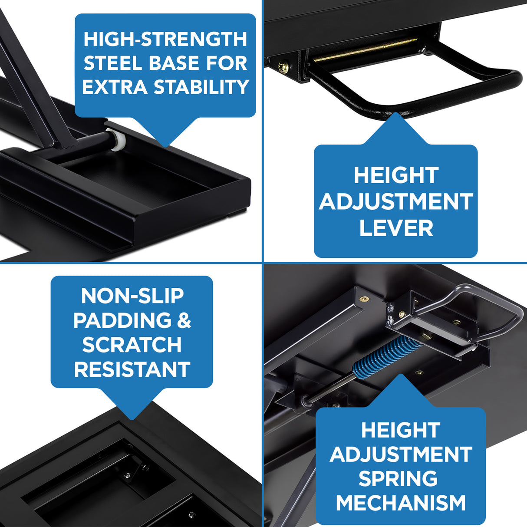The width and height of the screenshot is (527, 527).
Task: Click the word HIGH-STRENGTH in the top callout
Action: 165,39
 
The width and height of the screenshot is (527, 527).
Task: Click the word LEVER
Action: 396,228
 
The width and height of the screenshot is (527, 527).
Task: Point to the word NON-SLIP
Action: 132,296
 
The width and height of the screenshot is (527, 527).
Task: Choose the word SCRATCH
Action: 132,345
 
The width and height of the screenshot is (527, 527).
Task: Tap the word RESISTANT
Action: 132,369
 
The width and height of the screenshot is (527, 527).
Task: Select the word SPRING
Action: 398,478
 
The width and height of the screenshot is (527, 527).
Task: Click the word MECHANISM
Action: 400,503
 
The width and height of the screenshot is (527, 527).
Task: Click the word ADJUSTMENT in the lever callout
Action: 396,202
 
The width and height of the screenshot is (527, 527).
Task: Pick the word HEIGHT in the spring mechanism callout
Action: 400,430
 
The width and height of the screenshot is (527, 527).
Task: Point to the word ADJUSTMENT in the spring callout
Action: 400,455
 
